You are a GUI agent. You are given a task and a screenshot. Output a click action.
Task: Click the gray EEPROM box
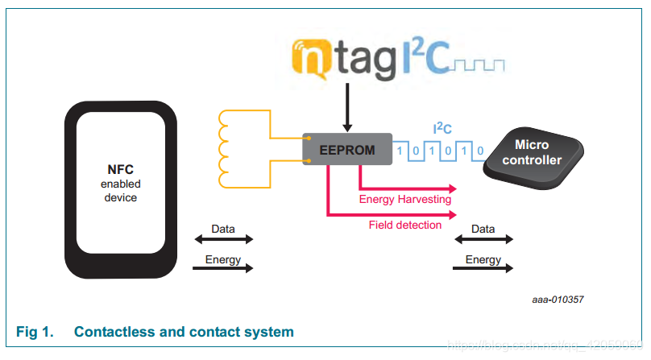346,149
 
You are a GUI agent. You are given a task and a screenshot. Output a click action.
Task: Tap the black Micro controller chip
533,152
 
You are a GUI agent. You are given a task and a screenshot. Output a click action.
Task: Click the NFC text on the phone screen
121,170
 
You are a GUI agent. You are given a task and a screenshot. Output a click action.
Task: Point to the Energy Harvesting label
404,199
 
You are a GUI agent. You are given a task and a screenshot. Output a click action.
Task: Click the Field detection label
405,226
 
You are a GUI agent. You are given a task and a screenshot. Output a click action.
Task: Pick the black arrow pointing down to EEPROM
347,109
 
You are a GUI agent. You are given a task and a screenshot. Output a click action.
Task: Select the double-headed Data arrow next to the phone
222,239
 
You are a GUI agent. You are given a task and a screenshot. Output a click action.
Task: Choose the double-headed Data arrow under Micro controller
483,239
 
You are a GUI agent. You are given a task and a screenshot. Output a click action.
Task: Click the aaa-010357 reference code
558,300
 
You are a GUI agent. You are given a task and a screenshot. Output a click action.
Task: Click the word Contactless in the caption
114,332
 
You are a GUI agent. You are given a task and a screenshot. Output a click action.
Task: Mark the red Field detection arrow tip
453,215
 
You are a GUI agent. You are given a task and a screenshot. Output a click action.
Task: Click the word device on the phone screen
121,197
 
